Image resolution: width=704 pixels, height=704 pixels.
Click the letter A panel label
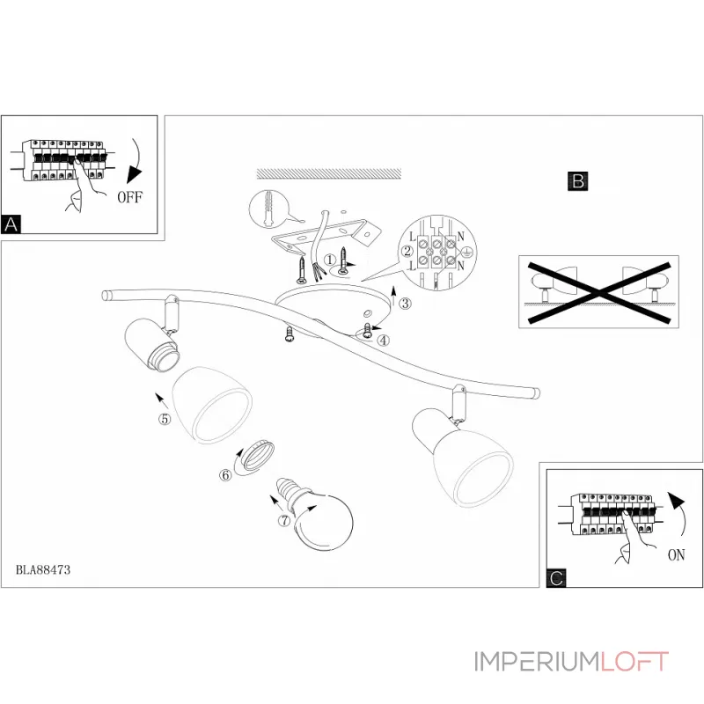point(11,224)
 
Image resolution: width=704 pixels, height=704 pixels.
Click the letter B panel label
point(577,181)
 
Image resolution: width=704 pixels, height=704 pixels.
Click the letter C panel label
point(555,577)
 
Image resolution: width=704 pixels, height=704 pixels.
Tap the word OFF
point(129,197)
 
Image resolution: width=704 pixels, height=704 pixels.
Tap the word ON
point(676,555)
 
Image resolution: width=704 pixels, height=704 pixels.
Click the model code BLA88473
point(43,569)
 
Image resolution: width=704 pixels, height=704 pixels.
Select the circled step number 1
point(330,260)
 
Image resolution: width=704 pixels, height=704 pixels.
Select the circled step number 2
point(407,252)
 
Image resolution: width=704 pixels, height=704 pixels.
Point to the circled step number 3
point(404,304)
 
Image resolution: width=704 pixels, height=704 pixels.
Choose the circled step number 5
point(164,419)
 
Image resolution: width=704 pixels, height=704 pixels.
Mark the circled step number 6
point(225,475)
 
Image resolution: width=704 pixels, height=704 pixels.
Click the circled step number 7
point(284,520)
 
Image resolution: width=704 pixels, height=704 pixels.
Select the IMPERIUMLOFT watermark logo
point(572,662)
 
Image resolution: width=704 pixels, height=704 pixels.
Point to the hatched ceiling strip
point(327,173)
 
